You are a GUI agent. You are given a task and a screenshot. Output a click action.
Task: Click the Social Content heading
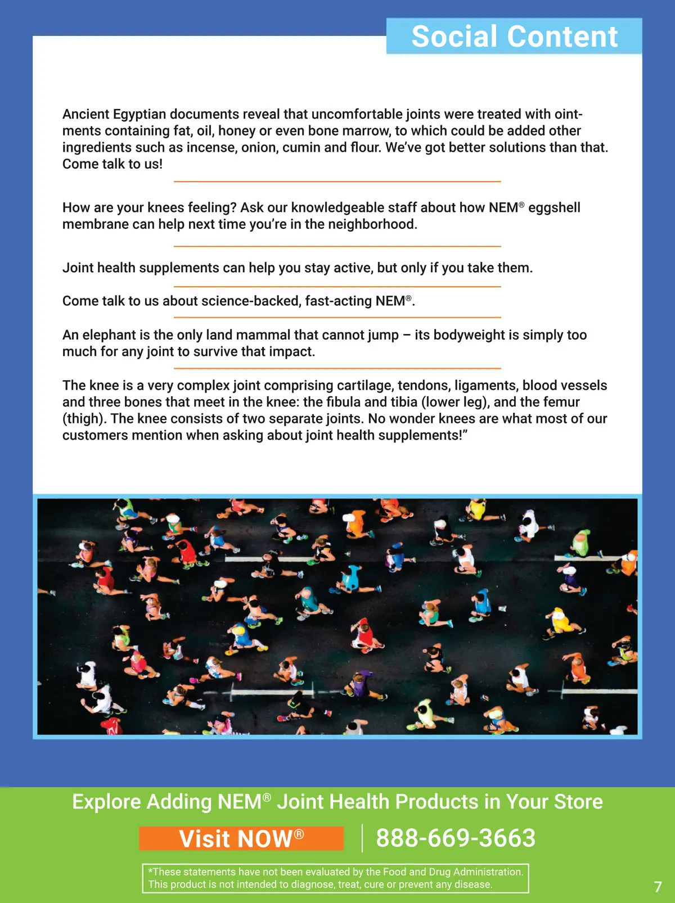coord(514,37)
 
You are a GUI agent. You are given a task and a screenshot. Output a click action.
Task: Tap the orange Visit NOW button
coord(241,838)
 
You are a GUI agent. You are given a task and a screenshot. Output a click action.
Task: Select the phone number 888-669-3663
coord(456,838)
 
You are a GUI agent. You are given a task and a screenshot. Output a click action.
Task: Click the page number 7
coord(658,887)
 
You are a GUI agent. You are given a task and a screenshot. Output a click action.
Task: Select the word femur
coord(559,402)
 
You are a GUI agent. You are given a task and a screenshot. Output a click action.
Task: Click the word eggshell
coord(554,207)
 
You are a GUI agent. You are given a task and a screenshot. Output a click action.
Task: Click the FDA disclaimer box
coord(335,878)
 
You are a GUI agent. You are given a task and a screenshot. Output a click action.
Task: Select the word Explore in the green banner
coord(106,802)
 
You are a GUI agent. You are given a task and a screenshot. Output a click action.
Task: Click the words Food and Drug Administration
coord(453,872)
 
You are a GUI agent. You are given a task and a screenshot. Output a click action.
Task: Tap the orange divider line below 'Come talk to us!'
coord(337,182)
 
